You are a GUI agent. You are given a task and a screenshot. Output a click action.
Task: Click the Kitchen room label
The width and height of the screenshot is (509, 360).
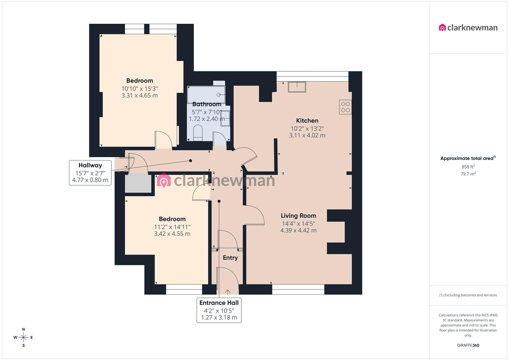pos(307,121)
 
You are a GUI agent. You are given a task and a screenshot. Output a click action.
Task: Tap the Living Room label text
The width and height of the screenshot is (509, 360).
pos(298,216)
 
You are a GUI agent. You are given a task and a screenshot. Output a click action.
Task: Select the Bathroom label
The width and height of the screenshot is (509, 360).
pos(207,104)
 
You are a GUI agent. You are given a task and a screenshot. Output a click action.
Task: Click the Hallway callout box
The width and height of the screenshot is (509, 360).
pos(90,172)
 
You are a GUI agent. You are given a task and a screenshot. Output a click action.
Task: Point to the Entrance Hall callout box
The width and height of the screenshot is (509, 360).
pos(219,310)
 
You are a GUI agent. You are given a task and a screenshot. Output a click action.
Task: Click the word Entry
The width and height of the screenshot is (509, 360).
pos(230,258)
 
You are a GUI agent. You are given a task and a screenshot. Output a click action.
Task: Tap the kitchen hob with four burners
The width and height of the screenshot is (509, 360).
pos(345,107)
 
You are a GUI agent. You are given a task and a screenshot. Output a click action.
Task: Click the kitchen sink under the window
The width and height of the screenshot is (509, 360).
pos(297,87)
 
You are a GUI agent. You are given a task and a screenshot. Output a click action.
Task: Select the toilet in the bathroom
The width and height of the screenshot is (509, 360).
pos(198,133)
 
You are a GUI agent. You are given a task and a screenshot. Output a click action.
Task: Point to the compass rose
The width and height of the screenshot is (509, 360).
pos(23,337)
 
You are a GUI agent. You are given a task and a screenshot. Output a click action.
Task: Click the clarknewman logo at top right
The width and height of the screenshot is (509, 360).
pos(468,28)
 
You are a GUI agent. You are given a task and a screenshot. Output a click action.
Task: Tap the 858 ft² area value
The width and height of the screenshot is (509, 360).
pos(468,167)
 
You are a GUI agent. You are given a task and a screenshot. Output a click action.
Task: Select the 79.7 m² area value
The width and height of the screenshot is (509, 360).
pos(468,174)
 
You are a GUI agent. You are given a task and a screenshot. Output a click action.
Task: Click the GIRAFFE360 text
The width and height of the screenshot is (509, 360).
pos(468,345)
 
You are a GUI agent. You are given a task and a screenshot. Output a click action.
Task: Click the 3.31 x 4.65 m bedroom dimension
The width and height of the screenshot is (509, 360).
pos(139,95)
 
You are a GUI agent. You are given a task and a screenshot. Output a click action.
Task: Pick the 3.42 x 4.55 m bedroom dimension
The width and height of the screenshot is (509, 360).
pos(172,234)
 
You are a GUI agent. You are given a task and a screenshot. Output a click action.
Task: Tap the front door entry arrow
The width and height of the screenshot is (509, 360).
pos(228,292)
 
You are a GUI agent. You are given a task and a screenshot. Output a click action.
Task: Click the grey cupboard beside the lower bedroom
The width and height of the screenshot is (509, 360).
pos(138,183)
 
